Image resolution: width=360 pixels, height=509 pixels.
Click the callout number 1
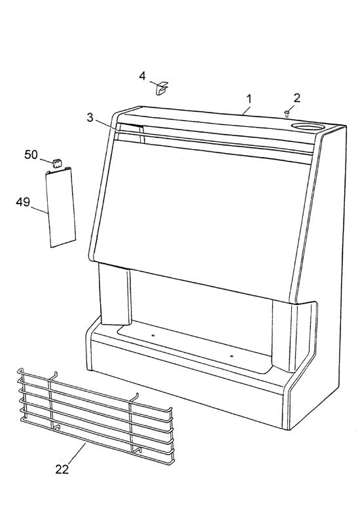249,99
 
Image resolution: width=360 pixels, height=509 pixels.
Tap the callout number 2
297,97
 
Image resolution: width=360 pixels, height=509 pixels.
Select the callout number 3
90,118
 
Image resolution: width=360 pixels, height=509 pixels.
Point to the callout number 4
142,77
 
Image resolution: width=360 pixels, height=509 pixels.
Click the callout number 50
31,155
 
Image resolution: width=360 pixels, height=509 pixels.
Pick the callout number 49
23,202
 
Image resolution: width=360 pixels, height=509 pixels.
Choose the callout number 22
62,469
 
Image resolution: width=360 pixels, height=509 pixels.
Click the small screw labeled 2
287,113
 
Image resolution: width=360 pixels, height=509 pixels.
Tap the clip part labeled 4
162,88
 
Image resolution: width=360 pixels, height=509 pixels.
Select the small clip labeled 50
57,163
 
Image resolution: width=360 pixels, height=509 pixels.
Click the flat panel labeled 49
61,208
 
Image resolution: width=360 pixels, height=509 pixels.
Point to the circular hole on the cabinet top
308,126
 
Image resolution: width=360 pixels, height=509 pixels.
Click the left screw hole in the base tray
153,336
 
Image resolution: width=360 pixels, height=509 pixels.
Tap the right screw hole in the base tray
232,356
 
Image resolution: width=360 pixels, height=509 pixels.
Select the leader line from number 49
39,209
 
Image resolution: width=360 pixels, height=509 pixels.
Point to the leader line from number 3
109,126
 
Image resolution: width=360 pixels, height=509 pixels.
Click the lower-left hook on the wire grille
57,428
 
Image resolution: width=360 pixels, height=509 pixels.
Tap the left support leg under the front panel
115,294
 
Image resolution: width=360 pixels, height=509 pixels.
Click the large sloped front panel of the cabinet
202,211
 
